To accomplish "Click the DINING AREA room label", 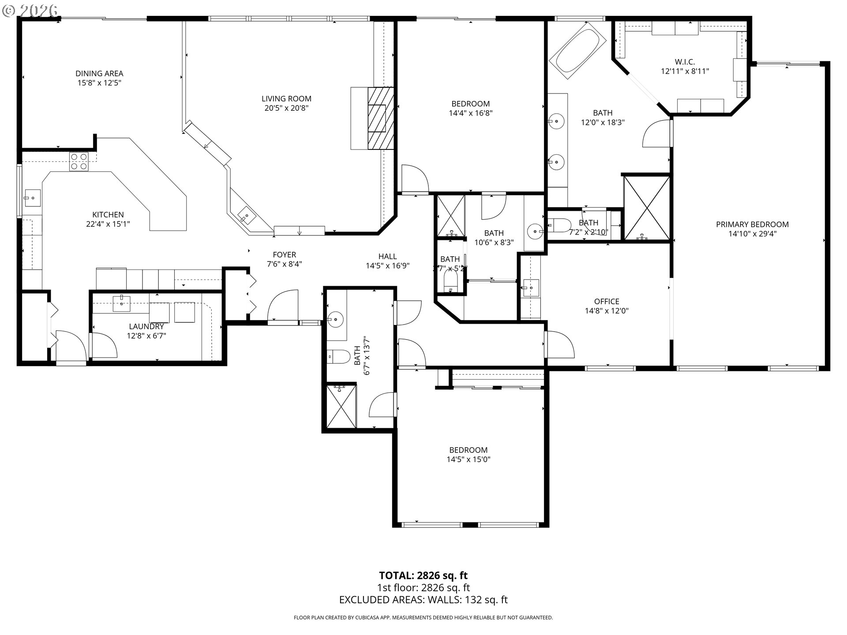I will (x=99, y=74).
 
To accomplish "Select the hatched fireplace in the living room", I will (x=380, y=118).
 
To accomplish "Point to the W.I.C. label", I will (x=685, y=62).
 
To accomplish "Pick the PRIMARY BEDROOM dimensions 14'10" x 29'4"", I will (x=752, y=234).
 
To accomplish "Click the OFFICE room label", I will (x=607, y=302).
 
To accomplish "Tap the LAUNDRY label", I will (x=146, y=327).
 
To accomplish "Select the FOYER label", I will (x=284, y=255).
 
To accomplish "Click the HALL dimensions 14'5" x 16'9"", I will (x=387, y=266).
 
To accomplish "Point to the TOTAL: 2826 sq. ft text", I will (x=423, y=575).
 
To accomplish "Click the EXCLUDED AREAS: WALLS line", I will (x=423, y=600).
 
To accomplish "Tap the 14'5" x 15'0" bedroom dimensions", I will (x=468, y=459).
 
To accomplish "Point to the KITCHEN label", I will (x=108, y=215).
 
